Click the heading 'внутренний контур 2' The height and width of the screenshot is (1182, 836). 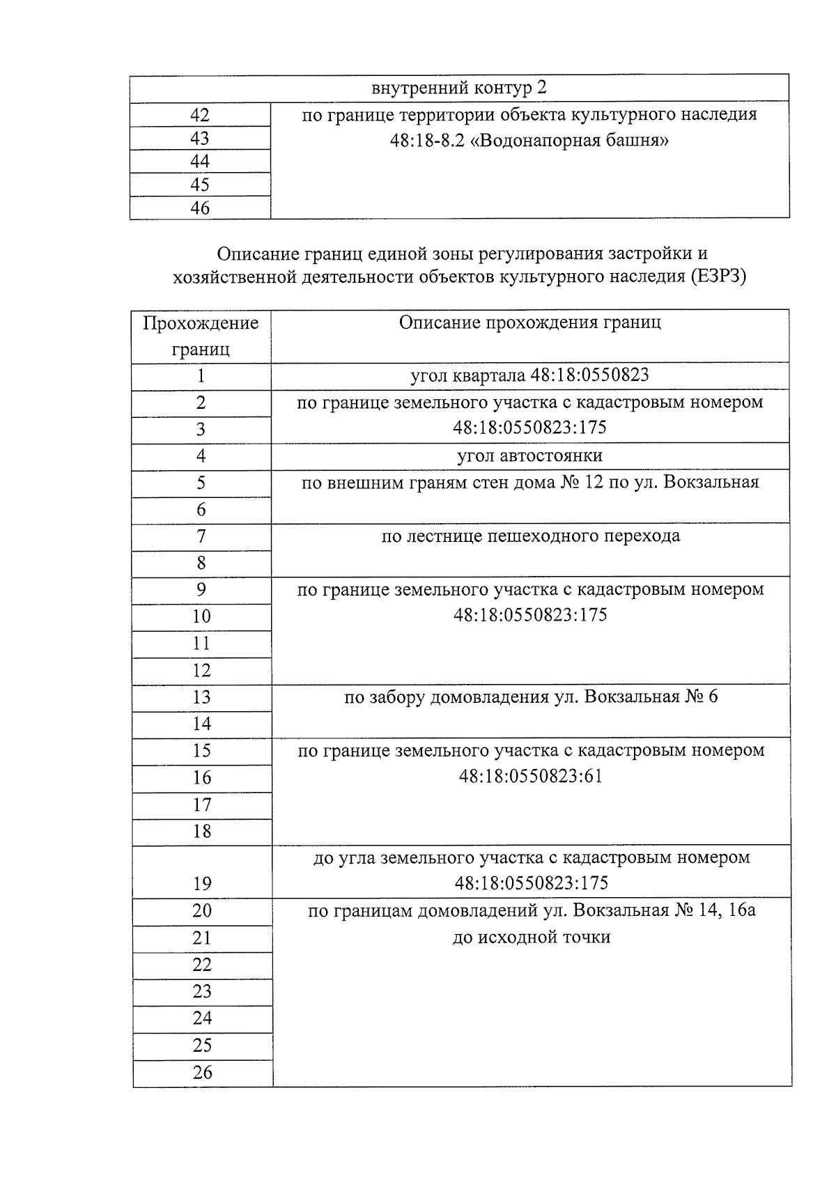459,88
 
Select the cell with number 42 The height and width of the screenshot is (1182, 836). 200,115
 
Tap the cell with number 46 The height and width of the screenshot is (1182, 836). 200,208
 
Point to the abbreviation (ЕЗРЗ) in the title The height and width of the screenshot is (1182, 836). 718,277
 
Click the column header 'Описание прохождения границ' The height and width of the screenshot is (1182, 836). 529,322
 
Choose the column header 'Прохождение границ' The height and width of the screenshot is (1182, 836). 201,336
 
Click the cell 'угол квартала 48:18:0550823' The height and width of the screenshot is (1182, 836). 529,376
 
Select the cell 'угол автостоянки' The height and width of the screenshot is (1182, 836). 529,456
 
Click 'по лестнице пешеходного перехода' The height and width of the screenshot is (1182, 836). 530,536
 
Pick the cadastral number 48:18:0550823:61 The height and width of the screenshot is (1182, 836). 530,776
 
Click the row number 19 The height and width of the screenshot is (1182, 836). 202,884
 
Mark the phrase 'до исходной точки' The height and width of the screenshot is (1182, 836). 531,938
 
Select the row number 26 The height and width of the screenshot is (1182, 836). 202,1073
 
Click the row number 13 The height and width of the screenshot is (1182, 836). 201,697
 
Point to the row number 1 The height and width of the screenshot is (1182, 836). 201,376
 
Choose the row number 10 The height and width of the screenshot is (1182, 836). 201,616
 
